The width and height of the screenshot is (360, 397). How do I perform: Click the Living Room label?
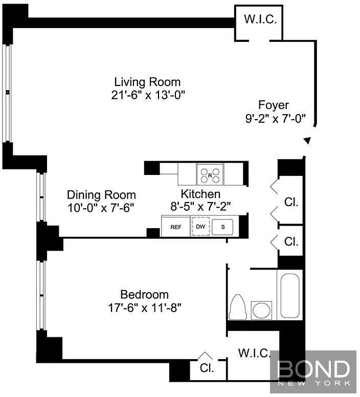point(147,82)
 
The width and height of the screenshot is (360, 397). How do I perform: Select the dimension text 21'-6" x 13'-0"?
point(148,95)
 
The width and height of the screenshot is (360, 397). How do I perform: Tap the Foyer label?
point(274,105)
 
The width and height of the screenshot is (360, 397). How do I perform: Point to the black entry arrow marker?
point(307,141)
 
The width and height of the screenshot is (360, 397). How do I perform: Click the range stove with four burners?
point(210,174)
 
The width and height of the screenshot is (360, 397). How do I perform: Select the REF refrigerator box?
point(175,226)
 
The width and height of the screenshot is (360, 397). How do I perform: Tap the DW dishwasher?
point(200,226)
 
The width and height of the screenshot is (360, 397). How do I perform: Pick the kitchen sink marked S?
point(222,227)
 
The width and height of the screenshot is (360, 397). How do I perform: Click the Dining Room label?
point(101,195)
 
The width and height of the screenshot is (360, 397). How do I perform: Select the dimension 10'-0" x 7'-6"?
point(100,208)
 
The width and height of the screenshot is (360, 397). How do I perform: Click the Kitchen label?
point(200,194)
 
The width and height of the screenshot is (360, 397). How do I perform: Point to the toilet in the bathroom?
point(238,306)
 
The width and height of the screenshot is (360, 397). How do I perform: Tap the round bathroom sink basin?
point(261,311)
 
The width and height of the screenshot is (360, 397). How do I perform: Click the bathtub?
point(290,295)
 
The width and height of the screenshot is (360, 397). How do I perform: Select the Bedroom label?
point(144,295)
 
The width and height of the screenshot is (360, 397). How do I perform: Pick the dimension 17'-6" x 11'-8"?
point(145,308)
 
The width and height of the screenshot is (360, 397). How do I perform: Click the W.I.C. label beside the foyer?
point(260,19)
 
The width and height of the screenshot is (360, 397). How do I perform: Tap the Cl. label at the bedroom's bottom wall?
point(207,368)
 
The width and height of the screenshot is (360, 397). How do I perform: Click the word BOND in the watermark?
point(313,369)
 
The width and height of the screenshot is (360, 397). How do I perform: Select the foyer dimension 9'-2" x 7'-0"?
point(276,118)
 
